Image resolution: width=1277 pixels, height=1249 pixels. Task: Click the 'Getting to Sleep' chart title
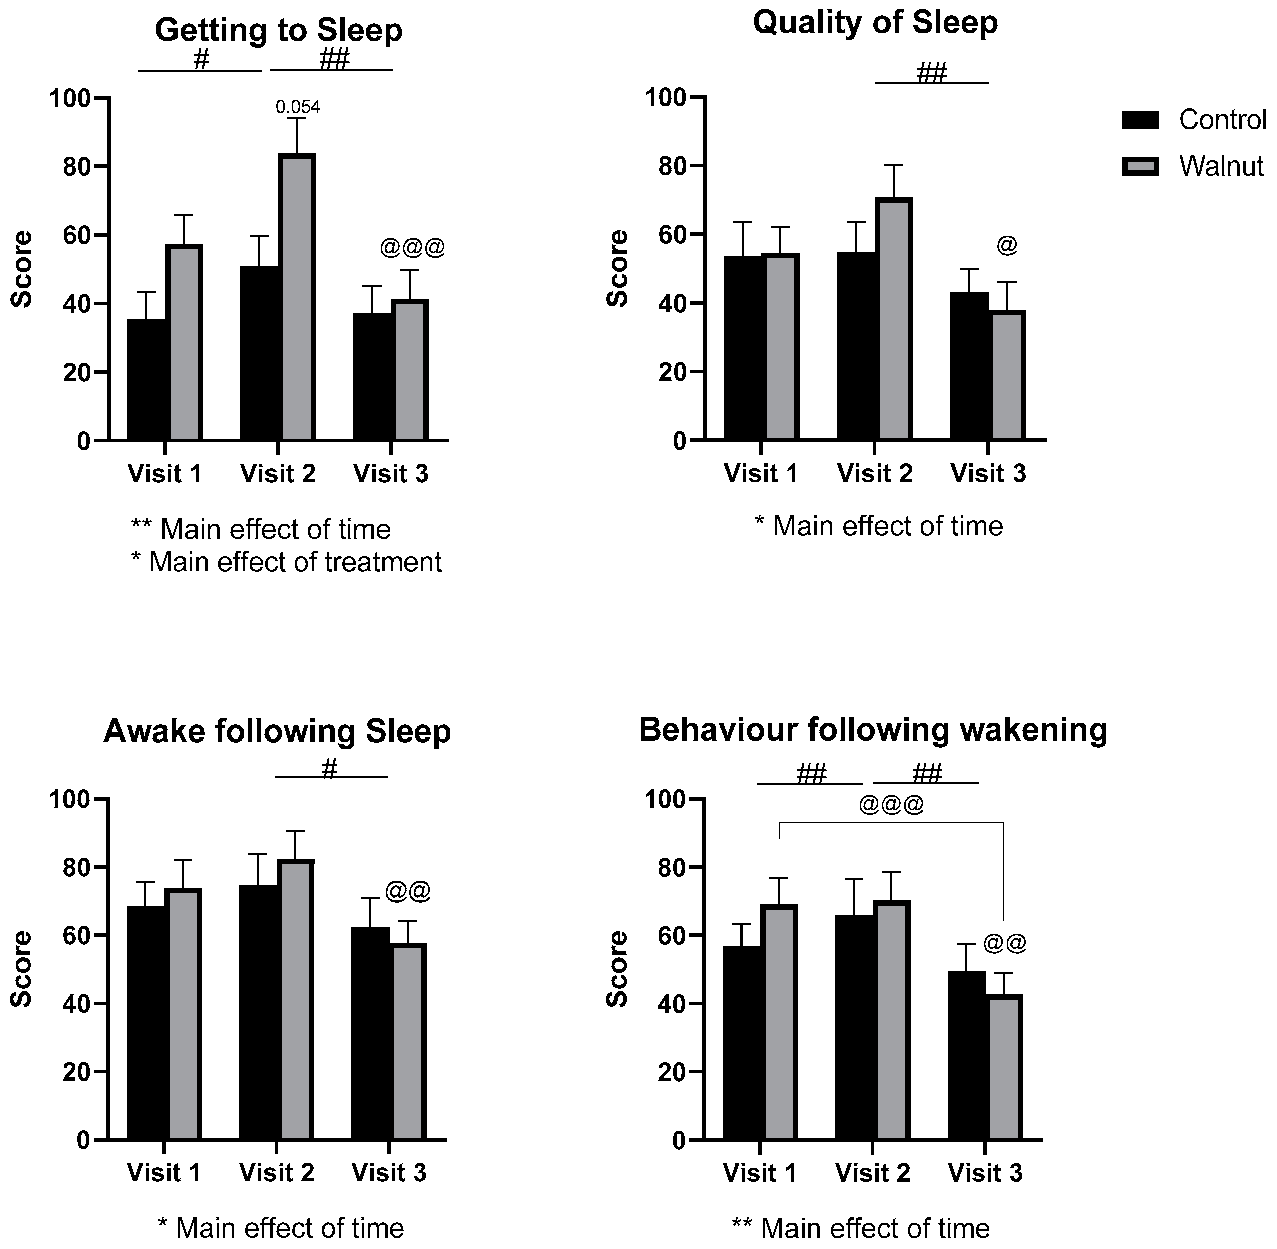[x=278, y=31]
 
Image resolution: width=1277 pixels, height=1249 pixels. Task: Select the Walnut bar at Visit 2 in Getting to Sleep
[x=297, y=299]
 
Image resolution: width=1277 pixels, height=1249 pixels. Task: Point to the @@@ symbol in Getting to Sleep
[x=412, y=248]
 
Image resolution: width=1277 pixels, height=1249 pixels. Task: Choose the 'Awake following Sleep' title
[x=277, y=731]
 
